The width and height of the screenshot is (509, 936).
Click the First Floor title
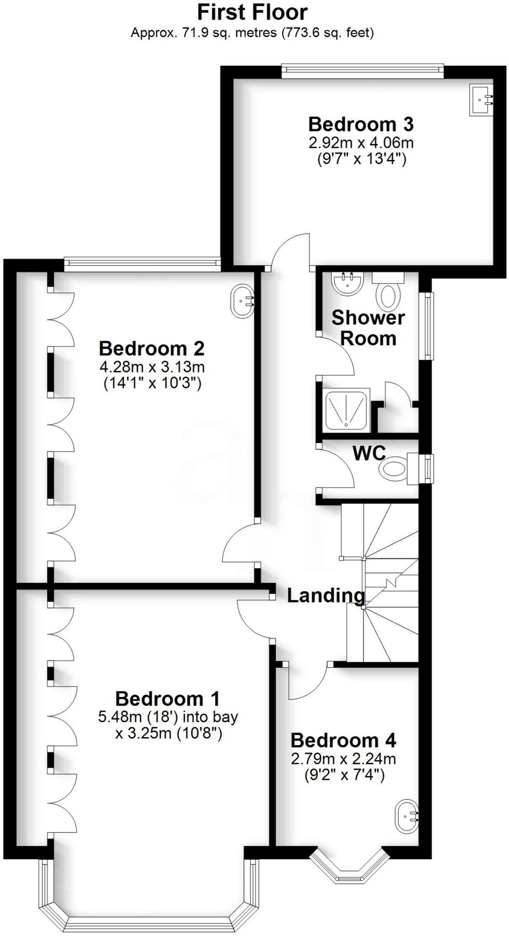click(x=252, y=12)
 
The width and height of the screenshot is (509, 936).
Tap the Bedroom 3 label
click(x=360, y=124)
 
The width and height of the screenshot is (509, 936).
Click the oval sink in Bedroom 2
click(x=242, y=301)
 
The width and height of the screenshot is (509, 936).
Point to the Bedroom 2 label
click(x=151, y=349)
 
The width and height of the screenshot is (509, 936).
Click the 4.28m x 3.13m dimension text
click(x=151, y=367)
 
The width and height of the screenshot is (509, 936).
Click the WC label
click(x=369, y=453)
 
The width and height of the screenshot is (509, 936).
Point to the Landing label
click(x=326, y=595)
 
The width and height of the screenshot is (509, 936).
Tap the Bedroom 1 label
click(x=167, y=699)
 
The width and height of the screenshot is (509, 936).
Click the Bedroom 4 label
click(x=343, y=740)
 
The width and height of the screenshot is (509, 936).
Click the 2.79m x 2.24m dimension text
click(x=343, y=759)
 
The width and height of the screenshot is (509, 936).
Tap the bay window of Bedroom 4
click(x=350, y=867)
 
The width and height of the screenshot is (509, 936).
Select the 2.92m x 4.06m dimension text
click(x=361, y=143)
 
